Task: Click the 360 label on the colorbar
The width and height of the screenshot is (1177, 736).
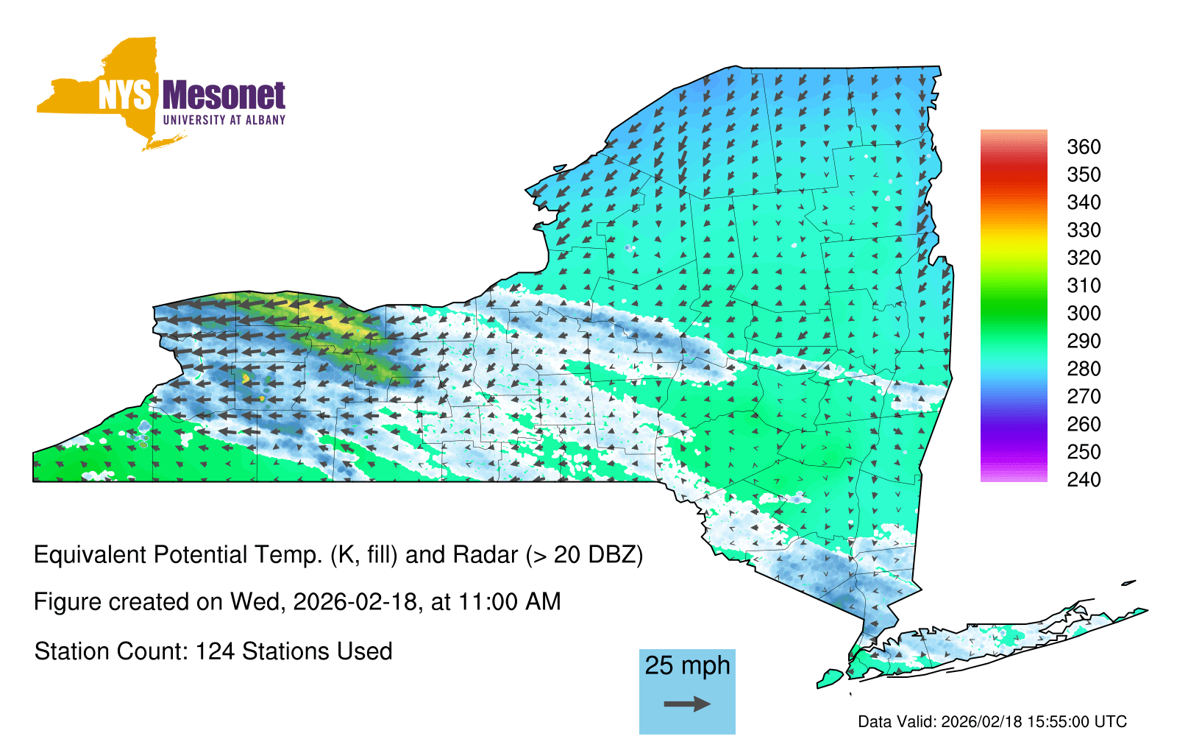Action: click(1084, 146)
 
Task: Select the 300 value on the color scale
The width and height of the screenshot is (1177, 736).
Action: click(1084, 314)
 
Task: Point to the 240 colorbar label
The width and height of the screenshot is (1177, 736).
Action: click(1084, 479)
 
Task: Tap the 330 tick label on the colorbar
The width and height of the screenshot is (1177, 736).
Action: click(1084, 230)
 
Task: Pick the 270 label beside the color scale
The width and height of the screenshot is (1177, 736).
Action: click(1084, 397)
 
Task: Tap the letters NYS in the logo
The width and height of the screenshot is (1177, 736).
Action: click(125, 96)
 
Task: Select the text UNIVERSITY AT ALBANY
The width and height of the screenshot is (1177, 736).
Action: click(224, 120)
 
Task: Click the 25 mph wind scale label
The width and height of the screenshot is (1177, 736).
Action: click(687, 666)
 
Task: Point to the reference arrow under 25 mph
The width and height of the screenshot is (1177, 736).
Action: click(687, 704)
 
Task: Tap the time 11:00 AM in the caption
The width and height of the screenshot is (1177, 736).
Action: click(509, 602)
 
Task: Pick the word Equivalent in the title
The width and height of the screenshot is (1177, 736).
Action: click(90, 555)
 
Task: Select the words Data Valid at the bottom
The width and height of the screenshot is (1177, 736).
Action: click(897, 722)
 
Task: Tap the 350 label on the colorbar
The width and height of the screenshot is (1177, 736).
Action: click(1084, 174)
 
